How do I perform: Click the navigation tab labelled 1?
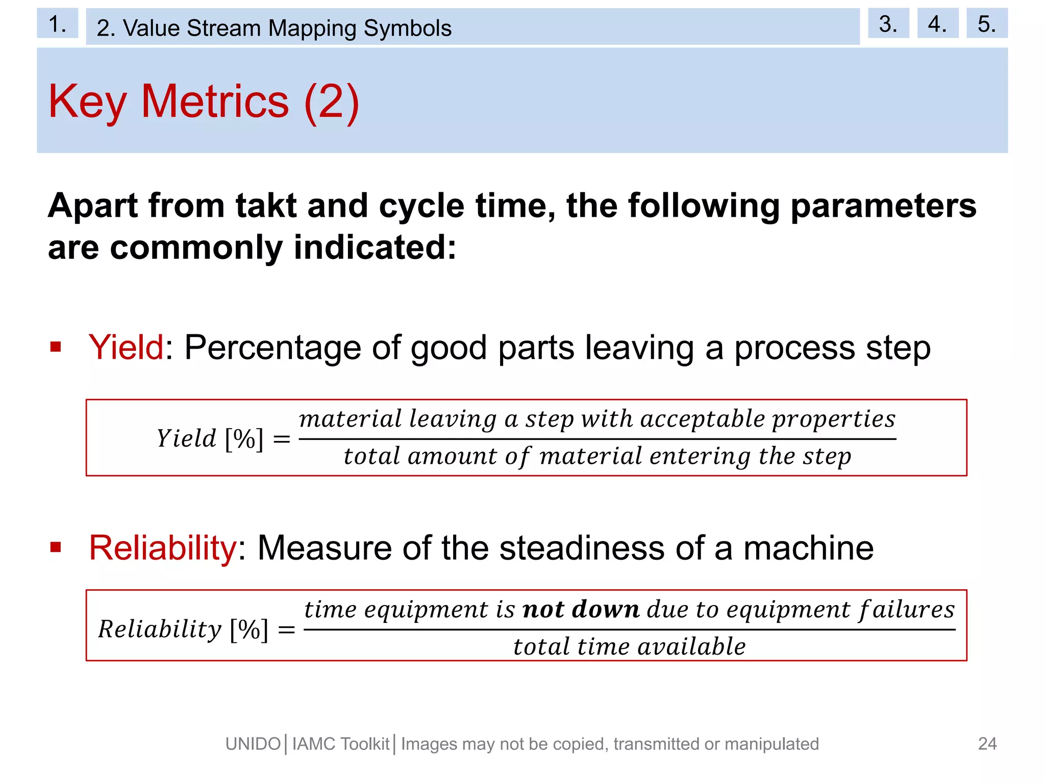[57, 23]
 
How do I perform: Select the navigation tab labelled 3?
[888, 23]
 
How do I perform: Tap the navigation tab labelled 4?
[937, 23]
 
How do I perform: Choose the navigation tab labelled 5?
[987, 23]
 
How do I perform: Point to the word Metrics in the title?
[215, 101]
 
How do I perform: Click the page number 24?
[987, 744]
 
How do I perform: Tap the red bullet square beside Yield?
[56, 347]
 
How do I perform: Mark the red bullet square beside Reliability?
[56, 547]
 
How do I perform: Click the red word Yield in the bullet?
[126, 347]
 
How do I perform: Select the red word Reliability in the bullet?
[162, 548]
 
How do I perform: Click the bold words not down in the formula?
[581, 610]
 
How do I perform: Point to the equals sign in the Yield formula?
[282, 439]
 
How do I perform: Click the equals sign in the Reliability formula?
[287, 630]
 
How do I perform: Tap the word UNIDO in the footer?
[253, 744]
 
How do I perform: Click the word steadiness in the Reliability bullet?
[582, 548]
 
